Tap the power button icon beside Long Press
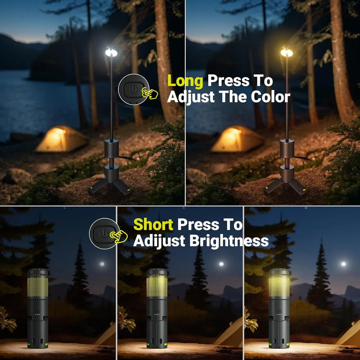[132, 89]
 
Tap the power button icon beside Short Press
[103, 233]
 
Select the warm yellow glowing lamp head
[287, 52]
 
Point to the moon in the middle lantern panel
[220, 264]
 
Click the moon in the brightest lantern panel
[343, 264]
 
